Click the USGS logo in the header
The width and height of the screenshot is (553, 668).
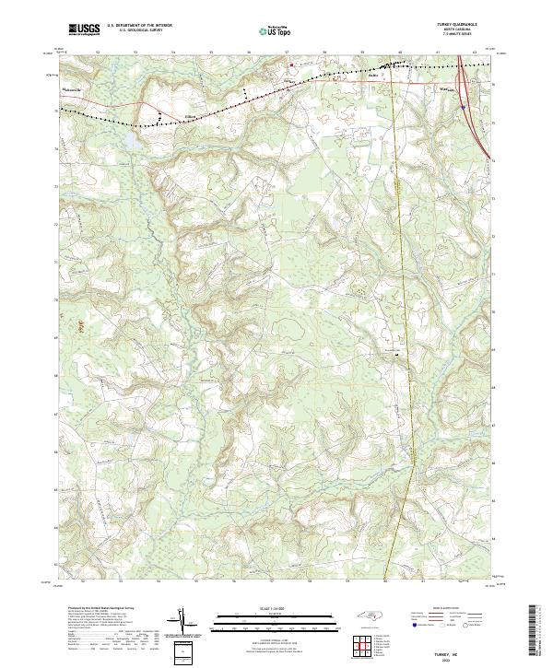pyautogui.click(x=84, y=30)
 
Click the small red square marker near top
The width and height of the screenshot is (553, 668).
pyautogui.click(x=294, y=65)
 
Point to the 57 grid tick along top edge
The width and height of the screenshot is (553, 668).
pyautogui.click(x=287, y=53)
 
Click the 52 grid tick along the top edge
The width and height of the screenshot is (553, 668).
pyautogui.click(x=97, y=53)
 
